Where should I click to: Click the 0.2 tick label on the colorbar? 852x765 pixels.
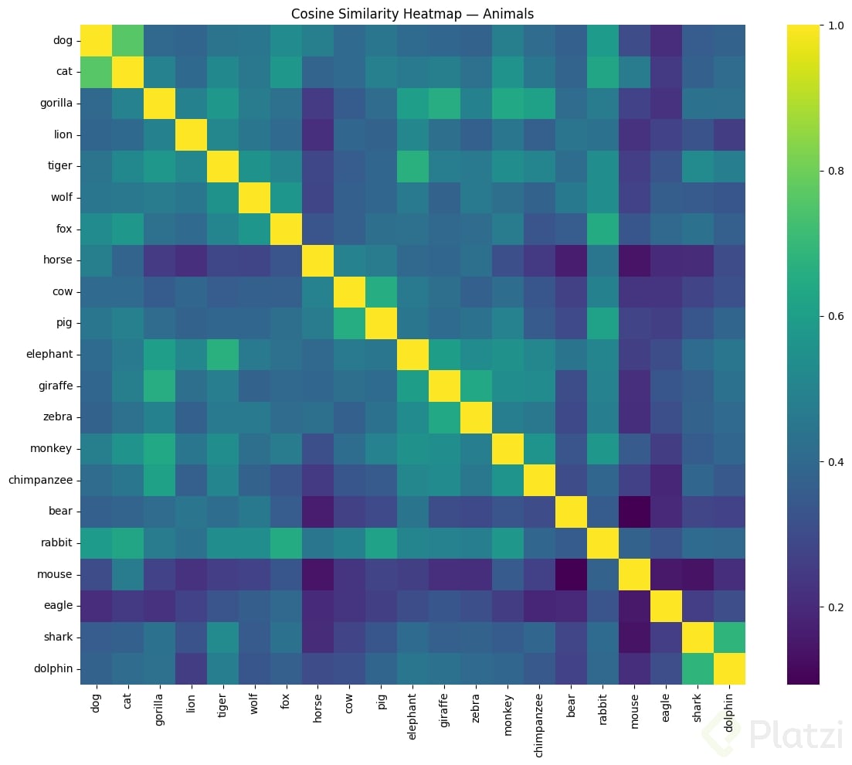[x=835, y=607]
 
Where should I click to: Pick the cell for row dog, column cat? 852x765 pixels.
[x=126, y=40]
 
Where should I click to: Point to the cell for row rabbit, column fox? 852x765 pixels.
[x=284, y=543]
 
